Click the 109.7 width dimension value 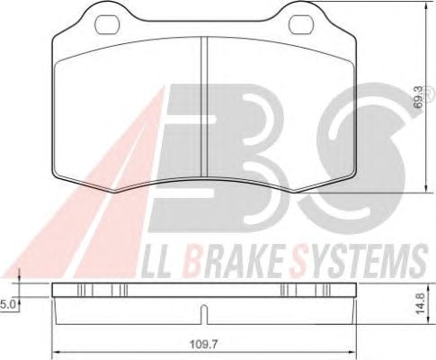[204, 345]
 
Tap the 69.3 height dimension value [419, 97]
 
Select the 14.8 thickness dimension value [421, 303]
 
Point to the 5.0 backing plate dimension [7, 305]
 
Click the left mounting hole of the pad [107, 24]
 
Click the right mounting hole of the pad [301, 24]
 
